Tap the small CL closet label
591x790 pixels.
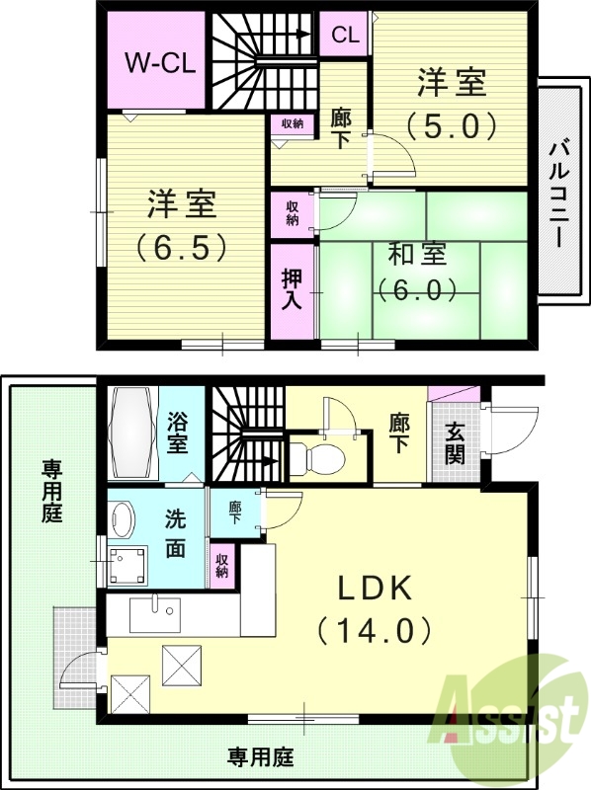coord(345,36)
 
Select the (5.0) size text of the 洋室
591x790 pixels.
coord(449,126)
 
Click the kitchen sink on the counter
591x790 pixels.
coord(155,613)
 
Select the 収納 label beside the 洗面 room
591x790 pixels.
coord(221,565)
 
